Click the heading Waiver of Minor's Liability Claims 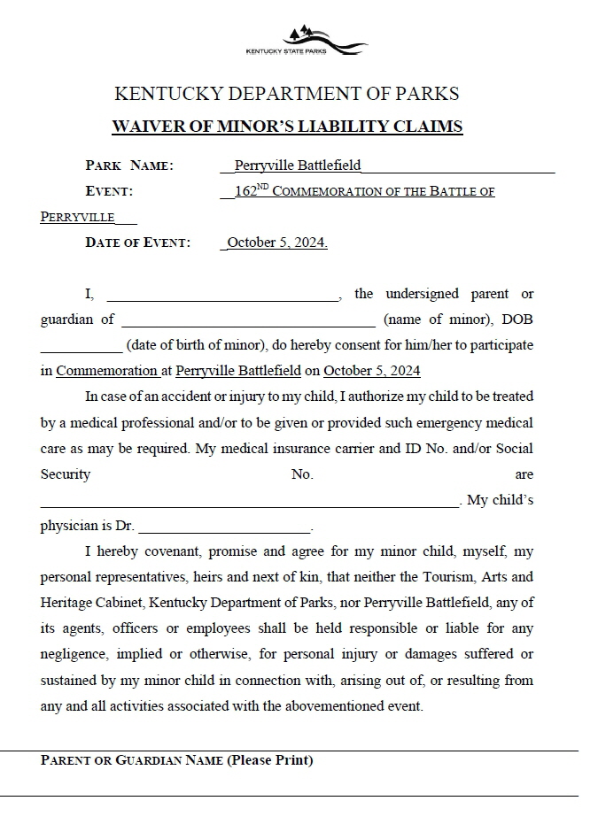(287, 127)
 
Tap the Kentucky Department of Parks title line (287, 94)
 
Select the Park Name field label (129, 166)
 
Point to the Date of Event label (137, 243)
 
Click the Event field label (109, 191)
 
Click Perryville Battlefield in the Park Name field (298, 166)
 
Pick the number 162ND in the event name (251, 190)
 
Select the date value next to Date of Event (276, 243)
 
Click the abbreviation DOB (517, 320)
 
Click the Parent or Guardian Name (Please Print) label (177, 760)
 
